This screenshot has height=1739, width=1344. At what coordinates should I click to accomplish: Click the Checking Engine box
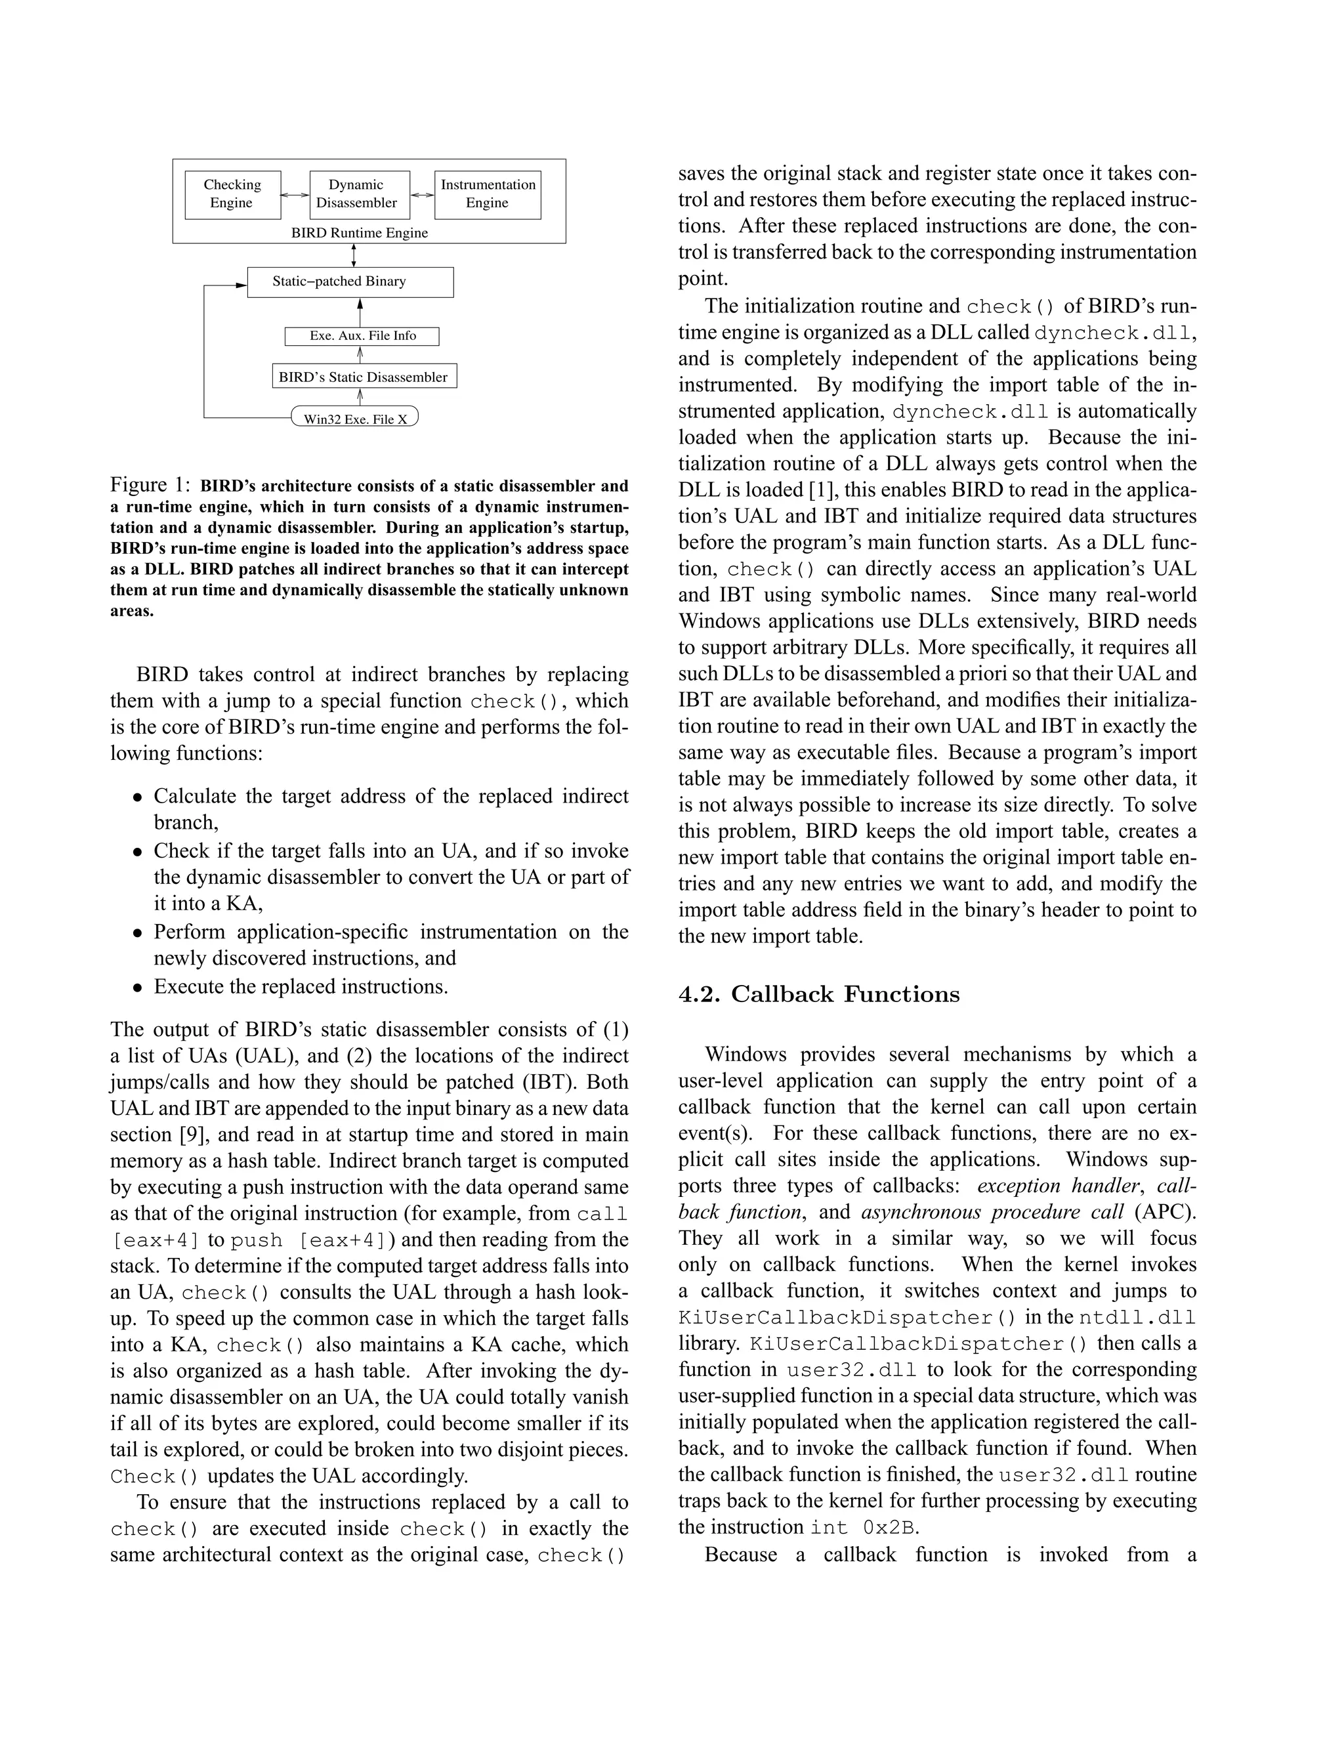pyautogui.click(x=232, y=194)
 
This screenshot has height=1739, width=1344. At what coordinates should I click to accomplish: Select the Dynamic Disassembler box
pyautogui.click(x=359, y=194)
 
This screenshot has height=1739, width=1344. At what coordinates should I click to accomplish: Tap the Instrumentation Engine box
pyautogui.click(x=488, y=194)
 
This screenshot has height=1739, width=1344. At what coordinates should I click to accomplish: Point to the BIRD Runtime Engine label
pyautogui.click(x=359, y=234)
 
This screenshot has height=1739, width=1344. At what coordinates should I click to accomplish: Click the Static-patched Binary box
pyautogui.click(x=350, y=282)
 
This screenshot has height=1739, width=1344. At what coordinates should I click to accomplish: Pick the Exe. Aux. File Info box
pyautogui.click(x=362, y=336)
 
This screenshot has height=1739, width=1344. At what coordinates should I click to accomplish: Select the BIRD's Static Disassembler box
pyautogui.click(x=364, y=377)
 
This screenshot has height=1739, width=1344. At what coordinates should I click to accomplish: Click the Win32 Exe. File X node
pyautogui.click(x=355, y=419)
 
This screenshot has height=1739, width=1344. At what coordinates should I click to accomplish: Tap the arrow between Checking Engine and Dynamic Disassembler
pyautogui.click(x=295, y=194)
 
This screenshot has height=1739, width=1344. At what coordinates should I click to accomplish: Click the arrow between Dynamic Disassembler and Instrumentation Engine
pyautogui.click(x=422, y=194)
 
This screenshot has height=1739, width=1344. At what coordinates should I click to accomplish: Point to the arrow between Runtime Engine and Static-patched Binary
pyautogui.click(x=354, y=255)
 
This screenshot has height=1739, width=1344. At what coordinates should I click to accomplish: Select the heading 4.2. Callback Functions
pyautogui.click(x=818, y=994)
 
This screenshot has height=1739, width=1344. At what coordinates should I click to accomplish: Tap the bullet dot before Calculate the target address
pyautogui.click(x=138, y=797)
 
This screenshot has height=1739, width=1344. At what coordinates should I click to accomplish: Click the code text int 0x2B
pyautogui.click(x=864, y=1527)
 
